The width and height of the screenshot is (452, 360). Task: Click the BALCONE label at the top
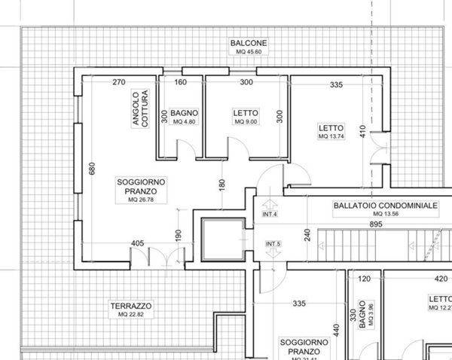pyautogui.click(x=248, y=44)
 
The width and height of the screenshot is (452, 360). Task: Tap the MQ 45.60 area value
pyautogui.click(x=248, y=53)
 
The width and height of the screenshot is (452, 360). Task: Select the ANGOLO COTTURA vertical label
pyautogui.click(x=140, y=111)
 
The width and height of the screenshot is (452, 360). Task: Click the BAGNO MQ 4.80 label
pyautogui.click(x=184, y=116)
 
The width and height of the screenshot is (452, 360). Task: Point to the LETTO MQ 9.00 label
pyautogui.click(x=246, y=116)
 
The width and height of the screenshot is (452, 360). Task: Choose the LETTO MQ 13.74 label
pyautogui.click(x=330, y=133)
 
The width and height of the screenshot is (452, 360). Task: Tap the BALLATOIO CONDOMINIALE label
pyautogui.click(x=384, y=205)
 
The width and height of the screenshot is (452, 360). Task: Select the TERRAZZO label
pyautogui.click(x=130, y=307)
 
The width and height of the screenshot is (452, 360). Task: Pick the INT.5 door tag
pyautogui.click(x=273, y=245)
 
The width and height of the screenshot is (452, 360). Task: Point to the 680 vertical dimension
pyautogui.click(x=93, y=169)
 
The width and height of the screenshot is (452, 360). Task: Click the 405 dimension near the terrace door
pyautogui.click(x=137, y=243)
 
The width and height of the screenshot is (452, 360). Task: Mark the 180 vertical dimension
pyautogui.click(x=221, y=184)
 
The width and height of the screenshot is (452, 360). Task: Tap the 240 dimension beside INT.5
pyautogui.click(x=307, y=234)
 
